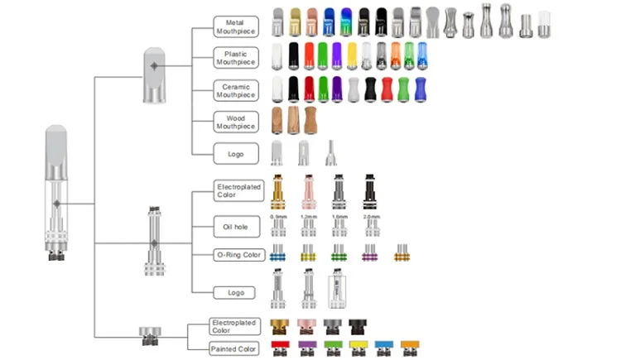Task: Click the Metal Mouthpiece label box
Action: [x=236, y=26]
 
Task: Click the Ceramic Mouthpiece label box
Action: [x=236, y=90]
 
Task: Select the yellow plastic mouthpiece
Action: [x=352, y=55]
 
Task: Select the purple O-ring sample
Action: [x=369, y=252]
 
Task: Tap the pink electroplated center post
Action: [x=308, y=193]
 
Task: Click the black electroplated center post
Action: [x=370, y=193]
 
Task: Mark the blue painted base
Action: [x=383, y=347]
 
